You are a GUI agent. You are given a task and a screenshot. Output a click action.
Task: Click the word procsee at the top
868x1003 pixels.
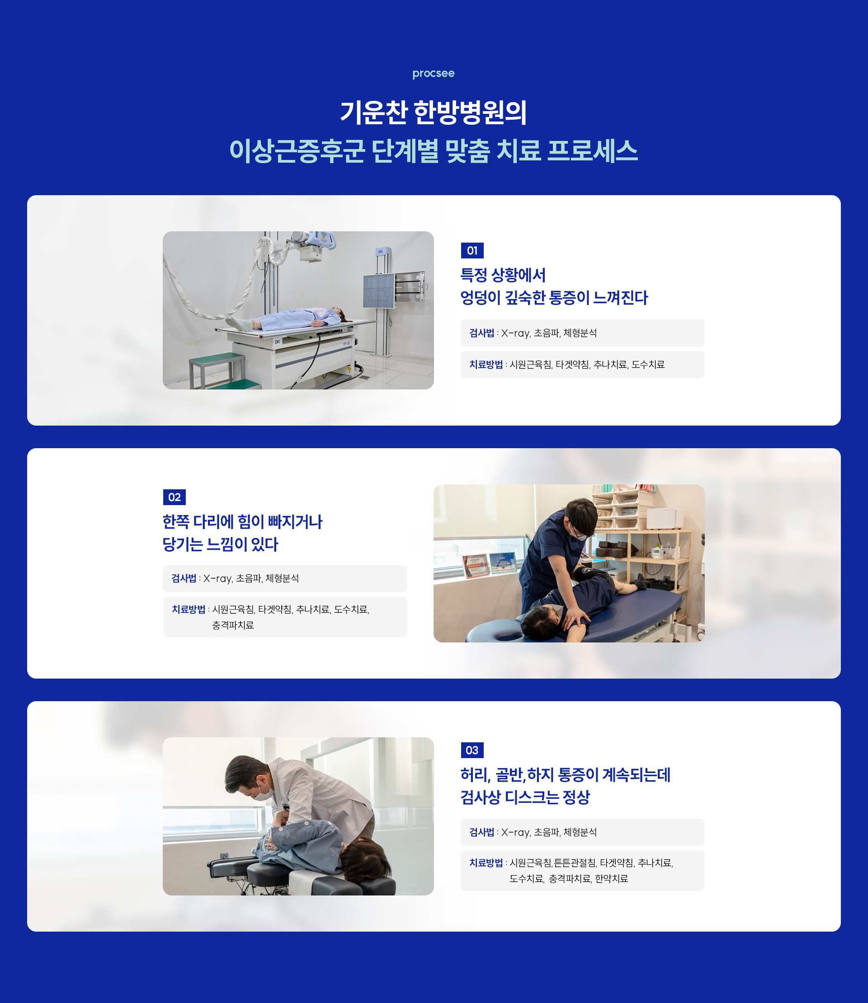pos(433,74)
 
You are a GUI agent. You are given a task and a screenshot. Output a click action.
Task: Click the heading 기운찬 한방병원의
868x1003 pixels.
pos(433,112)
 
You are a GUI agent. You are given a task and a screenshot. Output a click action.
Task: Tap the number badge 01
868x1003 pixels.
pos(472,250)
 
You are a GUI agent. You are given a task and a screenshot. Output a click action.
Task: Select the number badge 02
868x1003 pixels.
pos(175,497)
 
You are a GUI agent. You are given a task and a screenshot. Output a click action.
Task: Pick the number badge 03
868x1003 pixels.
pos(472,750)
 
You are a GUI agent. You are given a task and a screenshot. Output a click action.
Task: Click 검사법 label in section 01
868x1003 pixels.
pos(481,333)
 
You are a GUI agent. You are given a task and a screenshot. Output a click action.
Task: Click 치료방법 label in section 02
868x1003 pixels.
pos(189,609)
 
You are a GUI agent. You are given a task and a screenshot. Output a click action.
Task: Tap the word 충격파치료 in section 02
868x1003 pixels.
pos(233,625)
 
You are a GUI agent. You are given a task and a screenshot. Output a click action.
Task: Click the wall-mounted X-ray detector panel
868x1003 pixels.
pos(379,291)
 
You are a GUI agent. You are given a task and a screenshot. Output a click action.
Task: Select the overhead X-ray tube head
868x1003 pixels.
pos(315,244)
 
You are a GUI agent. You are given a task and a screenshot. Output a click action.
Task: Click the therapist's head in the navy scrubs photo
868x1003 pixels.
pos(582,516)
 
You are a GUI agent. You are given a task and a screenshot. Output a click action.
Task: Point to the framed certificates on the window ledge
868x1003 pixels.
pos(490,564)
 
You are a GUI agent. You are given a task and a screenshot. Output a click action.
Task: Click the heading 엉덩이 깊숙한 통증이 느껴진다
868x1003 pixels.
pos(554,298)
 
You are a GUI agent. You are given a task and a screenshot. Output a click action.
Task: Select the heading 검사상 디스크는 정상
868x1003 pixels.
pos(524,797)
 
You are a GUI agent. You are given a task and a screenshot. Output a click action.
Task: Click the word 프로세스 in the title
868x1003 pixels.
pos(592,150)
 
